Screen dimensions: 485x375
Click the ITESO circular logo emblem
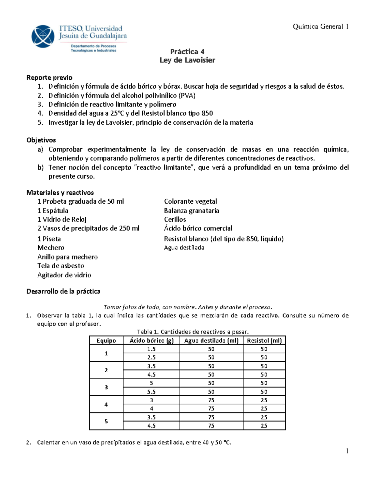pyautogui.click(x=43, y=36)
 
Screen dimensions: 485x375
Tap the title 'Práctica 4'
pyautogui.click(x=187, y=52)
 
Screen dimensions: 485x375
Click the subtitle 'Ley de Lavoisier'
pyautogui.click(x=187, y=60)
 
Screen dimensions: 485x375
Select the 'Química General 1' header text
pyautogui.click(x=320, y=27)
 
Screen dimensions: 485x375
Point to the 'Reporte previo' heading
pyautogui.click(x=49, y=77)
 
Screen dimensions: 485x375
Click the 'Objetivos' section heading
pyautogui.click(x=41, y=140)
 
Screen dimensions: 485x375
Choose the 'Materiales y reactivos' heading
pyautogui.click(x=60, y=192)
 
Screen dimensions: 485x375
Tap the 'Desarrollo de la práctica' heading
pyautogui.click(x=63, y=291)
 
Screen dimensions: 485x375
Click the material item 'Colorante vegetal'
pyautogui.click(x=190, y=201)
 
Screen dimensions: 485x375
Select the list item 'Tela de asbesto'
pyautogui.click(x=61, y=266)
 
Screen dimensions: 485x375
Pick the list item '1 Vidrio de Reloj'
pyautogui.click(x=62, y=219)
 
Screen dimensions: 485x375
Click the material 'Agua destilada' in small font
pyautogui.click(x=184, y=248)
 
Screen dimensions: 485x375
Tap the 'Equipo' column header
pyautogui.click(x=106, y=340)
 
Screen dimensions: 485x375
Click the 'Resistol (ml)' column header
pyautogui.click(x=264, y=340)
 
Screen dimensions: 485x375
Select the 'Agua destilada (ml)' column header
pyautogui.click(x=211, y=340)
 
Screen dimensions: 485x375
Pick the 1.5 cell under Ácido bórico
pyautogui.click(x=151, y=349)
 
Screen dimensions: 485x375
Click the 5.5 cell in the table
pyautogui.click(x=151, y=392)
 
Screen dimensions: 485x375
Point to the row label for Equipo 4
pyautogui.click(x=106, y=404)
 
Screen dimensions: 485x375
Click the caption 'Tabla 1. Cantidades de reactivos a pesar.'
pyautogui.click(x=193, y=332)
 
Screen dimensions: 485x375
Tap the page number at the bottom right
pyautogui.click(x=347, y=451)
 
